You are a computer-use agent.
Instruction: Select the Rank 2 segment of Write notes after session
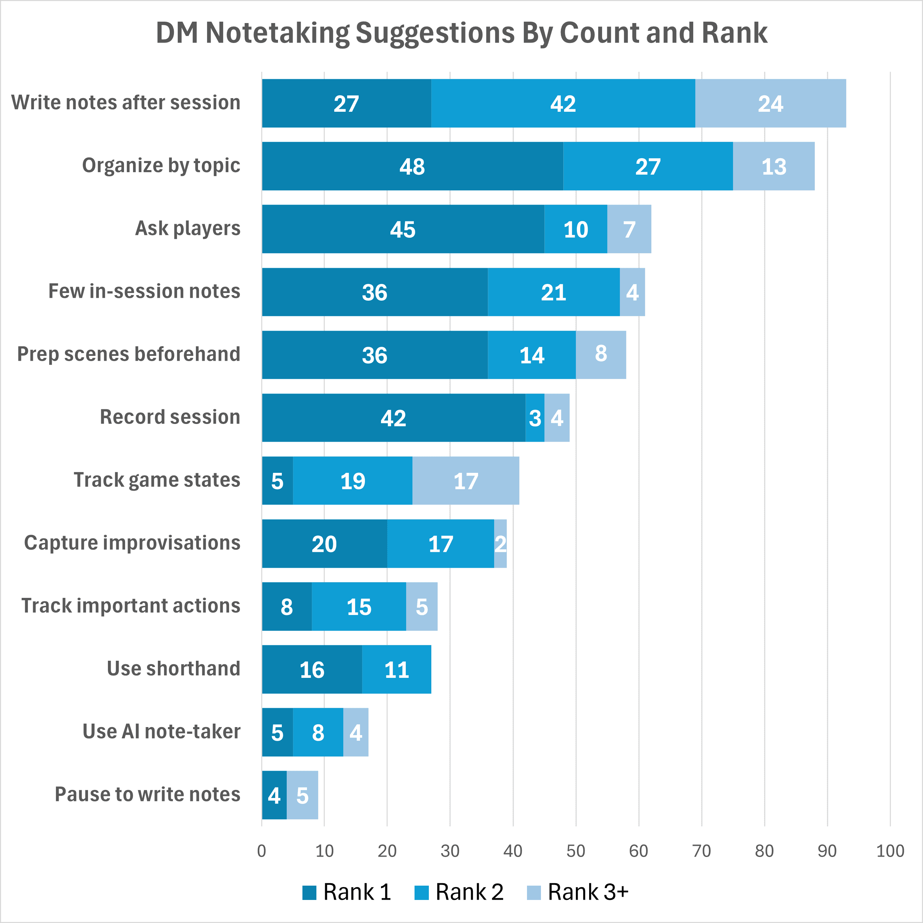[563, 103]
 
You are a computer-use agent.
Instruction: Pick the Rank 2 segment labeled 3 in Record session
[535, 418]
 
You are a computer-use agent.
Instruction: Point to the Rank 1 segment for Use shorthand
[312, 669]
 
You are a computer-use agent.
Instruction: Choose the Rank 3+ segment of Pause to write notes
[302, 796]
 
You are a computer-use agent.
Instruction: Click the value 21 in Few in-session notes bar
[553, 292]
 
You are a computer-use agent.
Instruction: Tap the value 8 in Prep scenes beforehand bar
[601, 353]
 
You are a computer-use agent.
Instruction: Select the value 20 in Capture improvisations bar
[324, 544]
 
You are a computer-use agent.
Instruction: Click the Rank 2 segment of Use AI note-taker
[318, 732]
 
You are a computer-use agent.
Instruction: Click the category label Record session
[170, 417]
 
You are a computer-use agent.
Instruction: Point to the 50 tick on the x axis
[575, 851]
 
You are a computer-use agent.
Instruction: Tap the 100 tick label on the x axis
[889, 851]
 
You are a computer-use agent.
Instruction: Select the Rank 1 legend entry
[347, 892]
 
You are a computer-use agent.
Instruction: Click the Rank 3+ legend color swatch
[534, 892]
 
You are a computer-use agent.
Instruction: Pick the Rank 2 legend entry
[460, 892]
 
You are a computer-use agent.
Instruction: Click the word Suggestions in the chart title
[435, 34]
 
